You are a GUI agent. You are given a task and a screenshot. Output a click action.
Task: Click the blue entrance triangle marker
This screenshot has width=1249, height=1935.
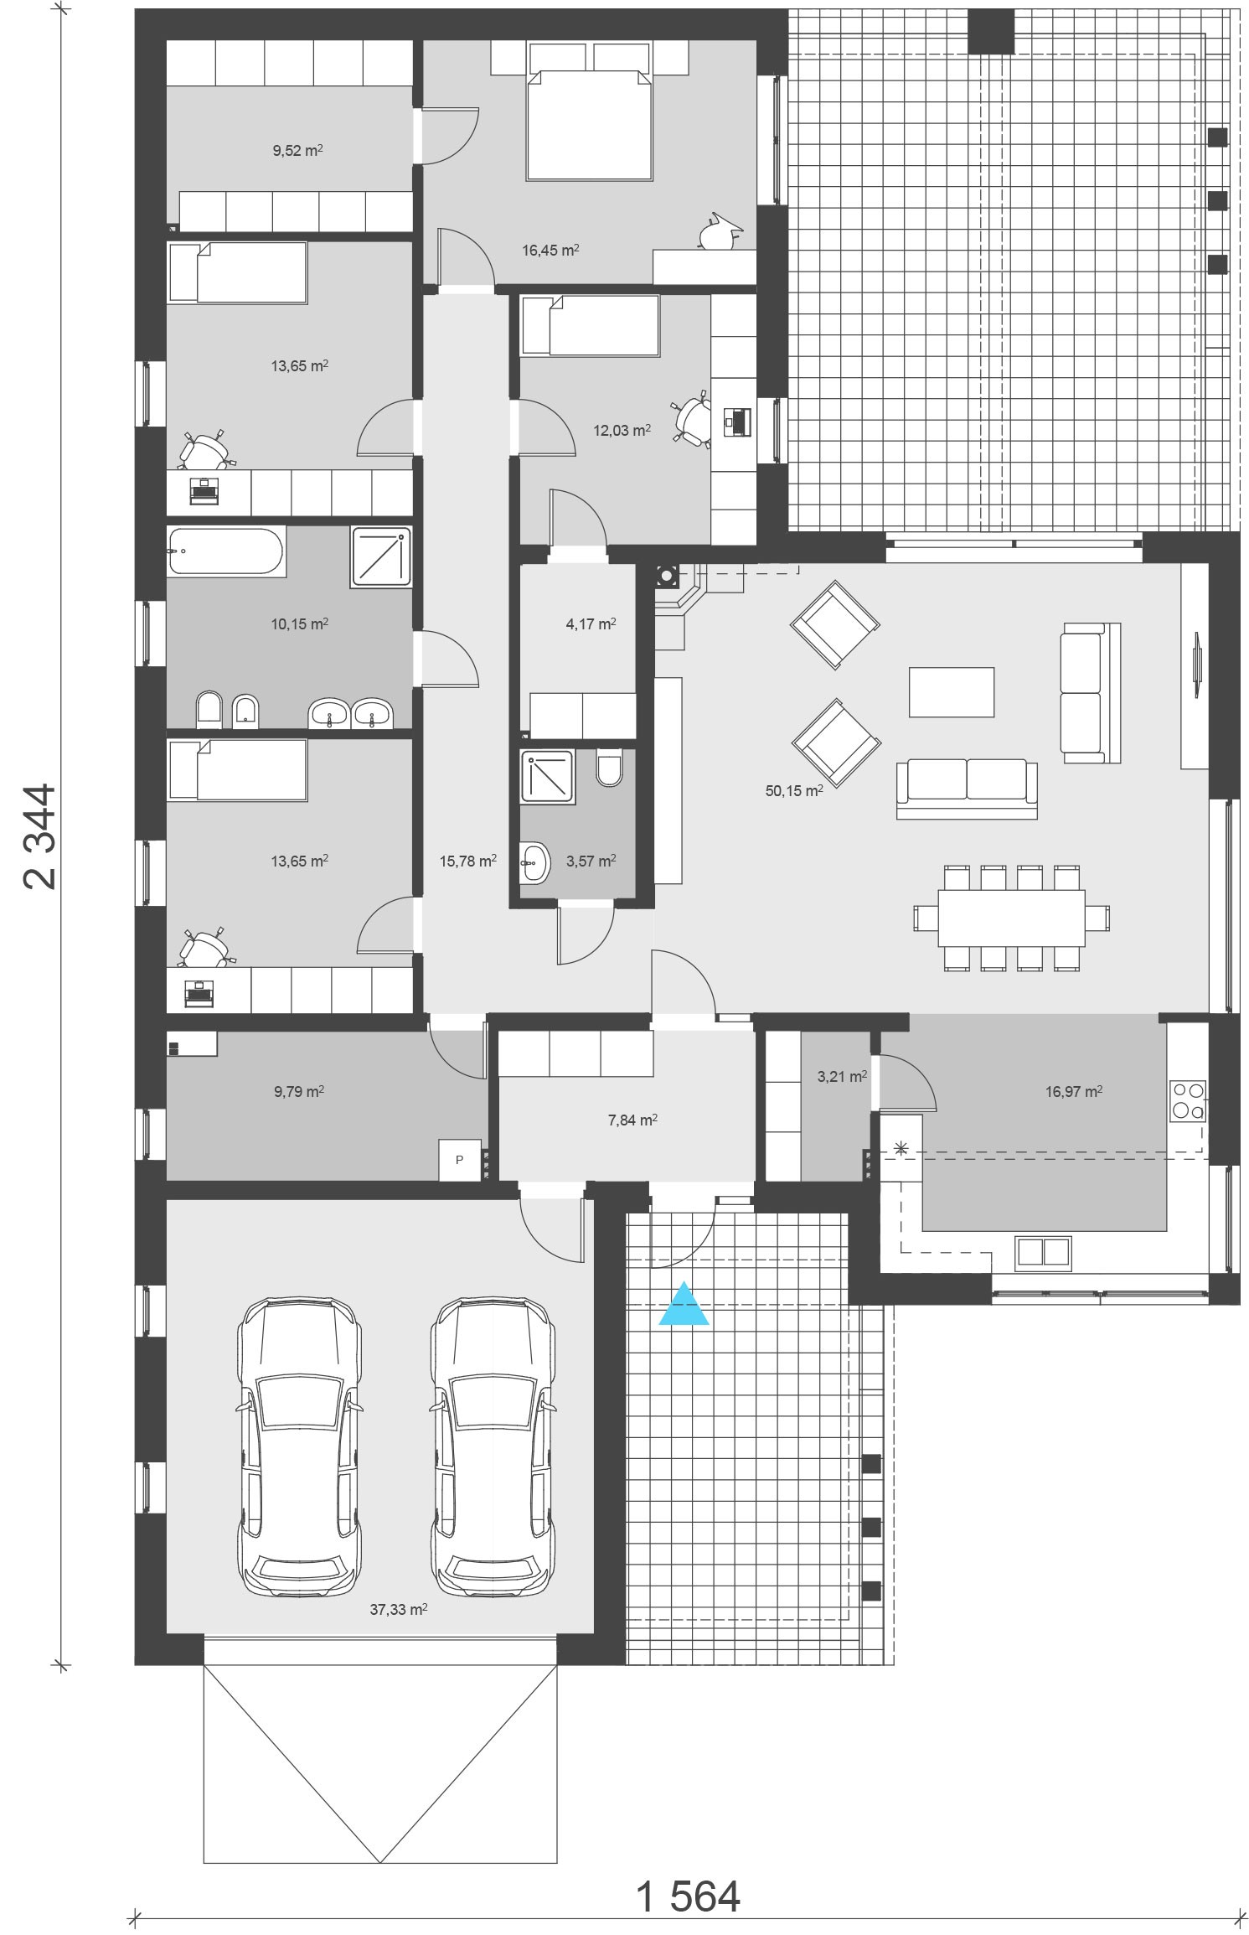coord(684,1305)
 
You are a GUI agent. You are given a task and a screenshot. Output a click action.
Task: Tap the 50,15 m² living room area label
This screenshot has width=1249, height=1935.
coord(794,789)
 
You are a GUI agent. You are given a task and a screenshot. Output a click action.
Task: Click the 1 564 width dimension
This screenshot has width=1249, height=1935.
coord(689,1873)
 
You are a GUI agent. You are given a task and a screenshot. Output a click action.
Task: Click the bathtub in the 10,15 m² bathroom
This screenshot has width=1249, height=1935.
coord(227,551)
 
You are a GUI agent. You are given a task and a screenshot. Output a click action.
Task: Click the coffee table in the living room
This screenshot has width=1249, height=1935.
coord(952,691)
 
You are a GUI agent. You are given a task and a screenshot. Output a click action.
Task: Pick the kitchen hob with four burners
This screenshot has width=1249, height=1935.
coord(1188,1100)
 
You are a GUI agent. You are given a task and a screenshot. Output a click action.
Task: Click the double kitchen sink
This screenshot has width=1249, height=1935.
coord(1043,1250)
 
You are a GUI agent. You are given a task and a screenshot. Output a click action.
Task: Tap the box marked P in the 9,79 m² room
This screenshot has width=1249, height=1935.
coord(460,1160)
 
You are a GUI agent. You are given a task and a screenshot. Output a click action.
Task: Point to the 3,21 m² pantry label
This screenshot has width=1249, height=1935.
coord(842,1076)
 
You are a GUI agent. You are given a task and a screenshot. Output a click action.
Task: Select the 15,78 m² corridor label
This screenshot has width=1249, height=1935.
coord(468,860)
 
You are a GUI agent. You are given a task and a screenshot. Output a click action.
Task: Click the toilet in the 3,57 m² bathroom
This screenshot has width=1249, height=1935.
coord(610,767)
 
